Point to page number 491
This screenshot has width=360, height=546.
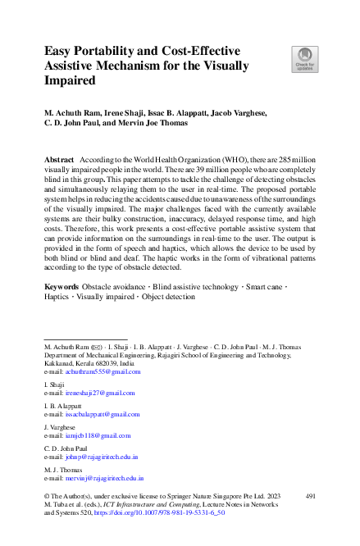click(310, 497)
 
